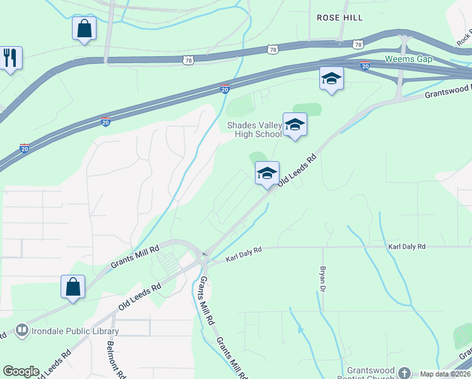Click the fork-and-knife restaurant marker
coord(9,57)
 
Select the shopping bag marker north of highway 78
coord(84,28)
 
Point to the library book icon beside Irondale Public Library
coord(22,330)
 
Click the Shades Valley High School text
coord(254,129)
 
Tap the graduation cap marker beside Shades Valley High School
coord(294,124)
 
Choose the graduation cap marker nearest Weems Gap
coord(331,79)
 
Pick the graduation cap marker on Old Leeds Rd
coord(267,173)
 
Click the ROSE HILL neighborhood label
coord(339,18)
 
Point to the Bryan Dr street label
coord(322,277)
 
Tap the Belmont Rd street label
coord(112,357)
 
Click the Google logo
coord(21,371)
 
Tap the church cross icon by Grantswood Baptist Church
coord(404,373)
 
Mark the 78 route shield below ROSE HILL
coord(358,44)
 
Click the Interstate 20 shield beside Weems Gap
coord(365,65)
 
